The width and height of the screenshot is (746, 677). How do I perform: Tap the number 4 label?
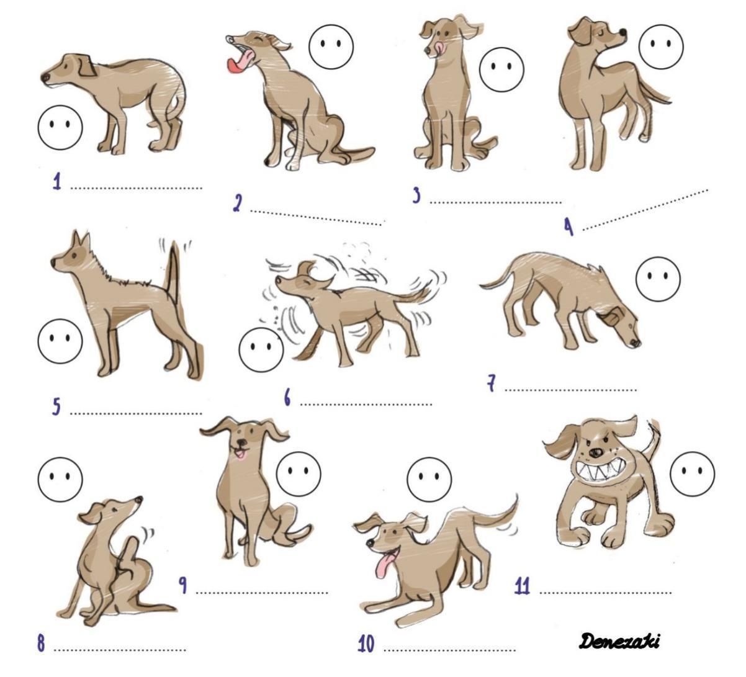coord(568,227)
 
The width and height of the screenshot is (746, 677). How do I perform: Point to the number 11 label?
coord(523,586)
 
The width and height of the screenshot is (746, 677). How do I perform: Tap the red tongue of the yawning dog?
coord(238,61)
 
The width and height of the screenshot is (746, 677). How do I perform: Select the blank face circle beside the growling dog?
coord(692,474)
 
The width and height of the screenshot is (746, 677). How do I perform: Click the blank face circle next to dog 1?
coord(60,127)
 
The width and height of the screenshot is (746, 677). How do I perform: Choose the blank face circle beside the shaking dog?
coord(261,349)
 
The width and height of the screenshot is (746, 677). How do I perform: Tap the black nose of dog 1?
coord(45,78)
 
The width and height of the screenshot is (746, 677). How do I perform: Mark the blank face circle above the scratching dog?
coord(60,480)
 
